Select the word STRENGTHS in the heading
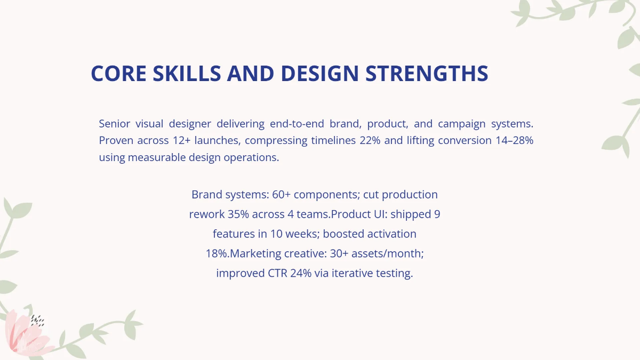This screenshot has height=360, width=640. [427, 74]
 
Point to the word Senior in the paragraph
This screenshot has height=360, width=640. [114, 124]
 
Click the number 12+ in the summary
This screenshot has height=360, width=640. [181, 141]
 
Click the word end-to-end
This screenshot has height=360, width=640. [296, 124]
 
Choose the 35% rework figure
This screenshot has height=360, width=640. [238, 214]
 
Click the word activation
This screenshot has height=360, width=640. [391, 234]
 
